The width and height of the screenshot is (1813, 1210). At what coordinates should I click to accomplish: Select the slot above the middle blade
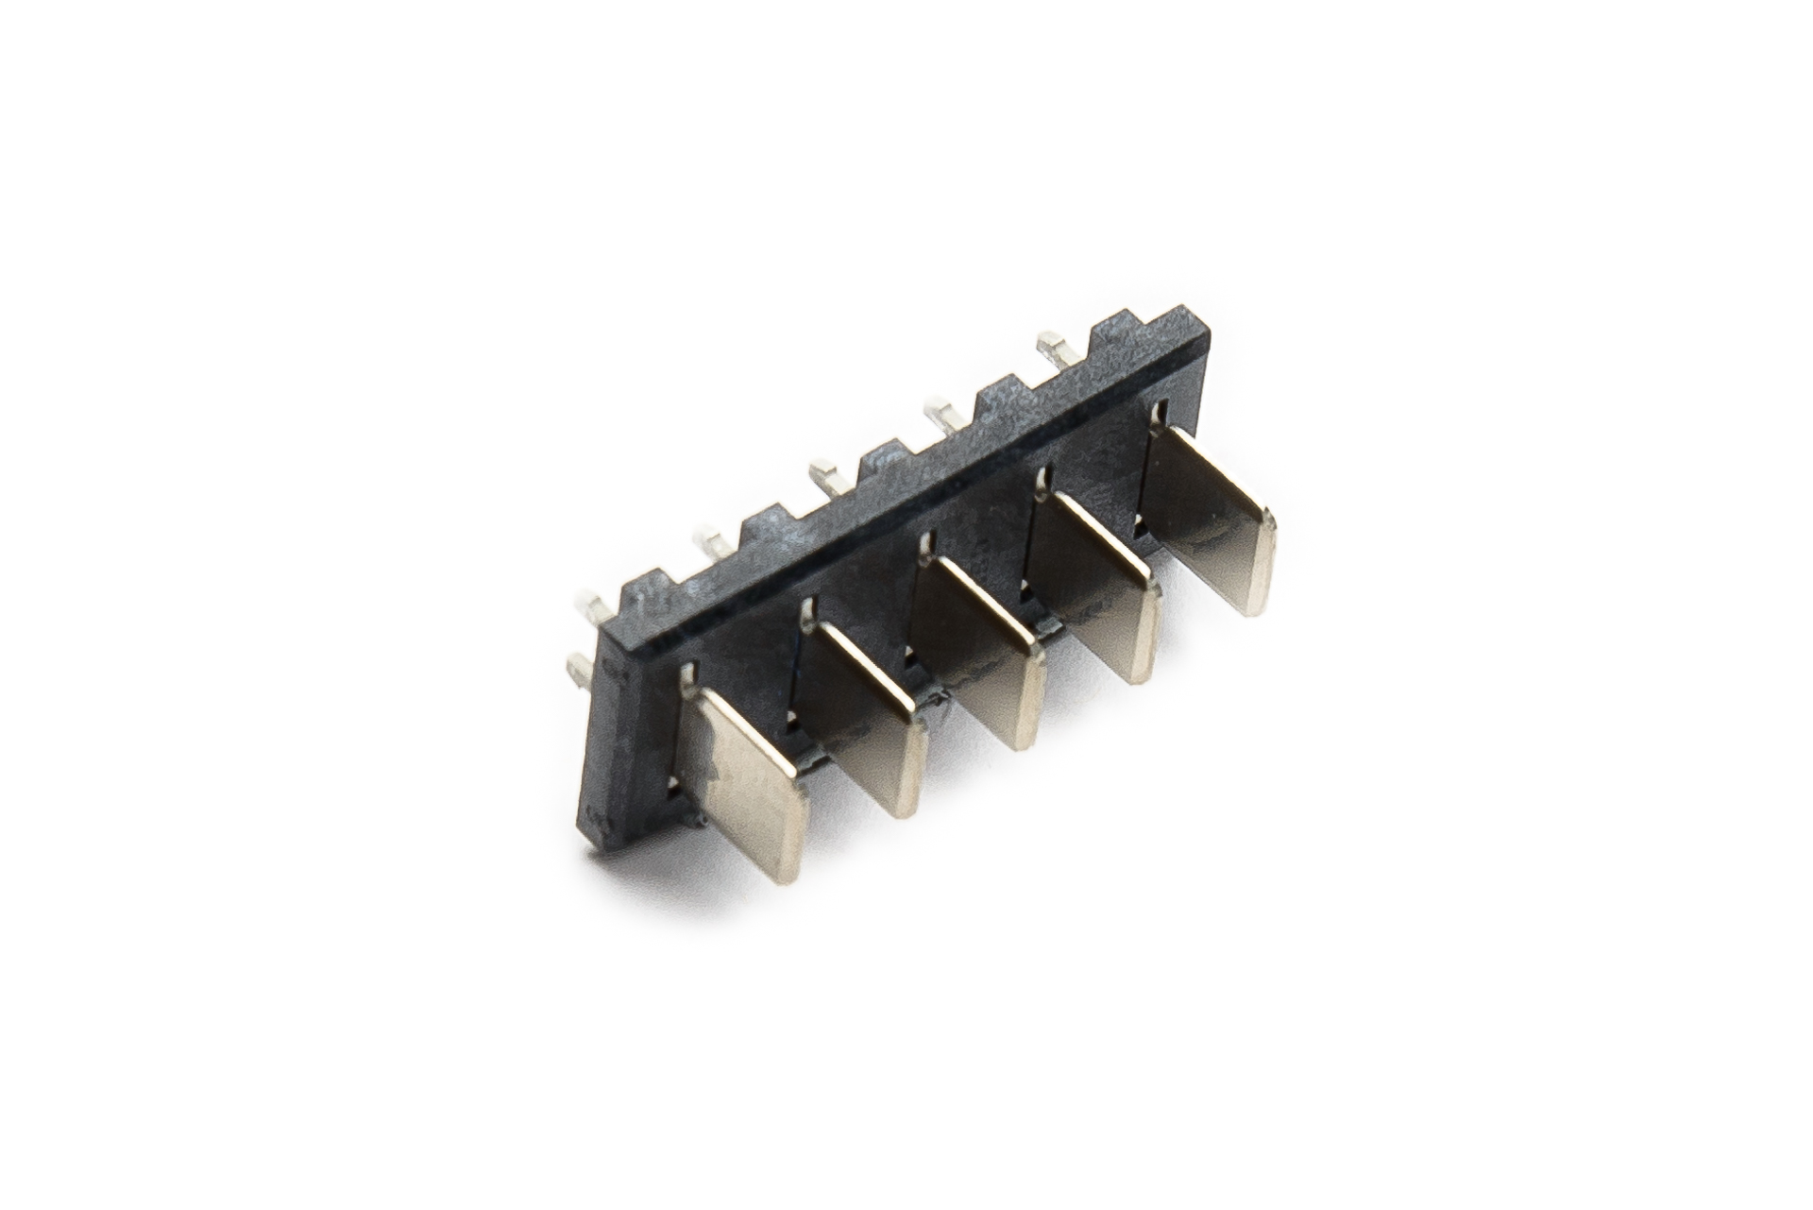pos(927,544)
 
